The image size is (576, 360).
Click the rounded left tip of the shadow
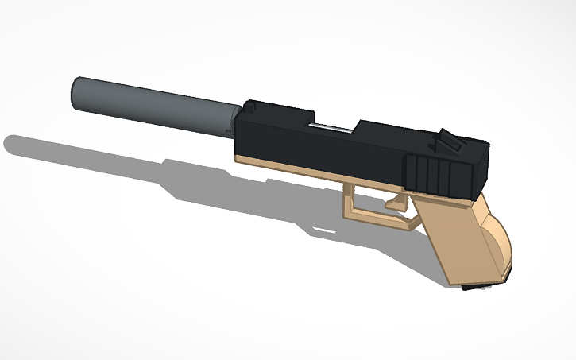(10, 145)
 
